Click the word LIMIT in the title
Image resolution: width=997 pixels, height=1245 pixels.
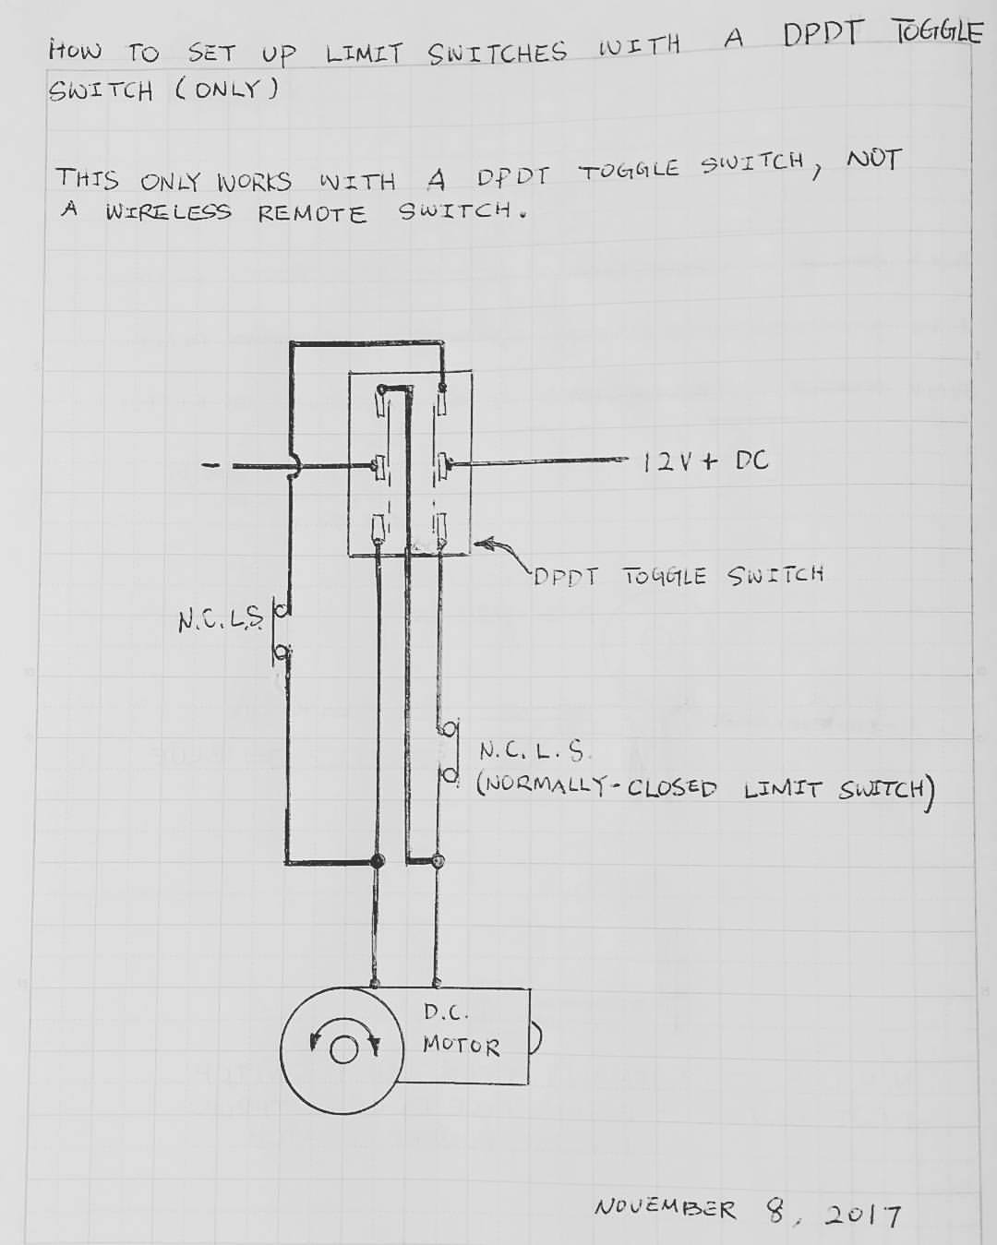click(x=364, y=54)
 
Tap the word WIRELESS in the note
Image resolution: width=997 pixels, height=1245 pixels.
click(x=168, y=212)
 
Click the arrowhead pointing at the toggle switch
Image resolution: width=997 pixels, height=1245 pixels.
click(x=483, y=544)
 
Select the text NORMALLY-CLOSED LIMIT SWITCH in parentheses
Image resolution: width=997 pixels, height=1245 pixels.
click(x=705, y=789)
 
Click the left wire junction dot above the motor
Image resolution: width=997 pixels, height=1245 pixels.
click(x=378, y=860)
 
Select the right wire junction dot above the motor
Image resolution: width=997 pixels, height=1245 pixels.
click(x=438, y=860)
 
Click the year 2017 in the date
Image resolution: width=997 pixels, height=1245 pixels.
click(x=862, y=1214)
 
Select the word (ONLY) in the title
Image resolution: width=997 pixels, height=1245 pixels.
click(x=227, y=90)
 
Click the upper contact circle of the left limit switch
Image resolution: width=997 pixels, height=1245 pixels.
click(x=281, y=610)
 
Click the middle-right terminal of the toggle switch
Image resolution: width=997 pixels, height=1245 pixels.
click(x=444, y=466)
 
